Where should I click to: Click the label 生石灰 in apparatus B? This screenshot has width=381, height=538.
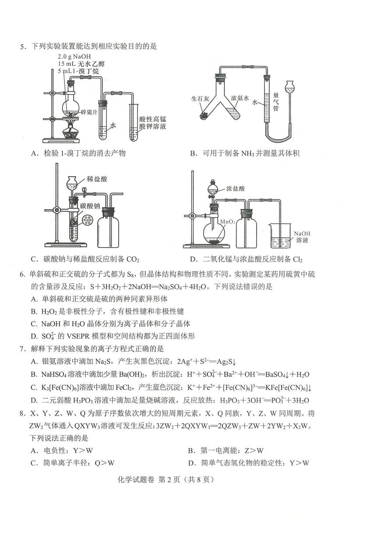tap(199, 99)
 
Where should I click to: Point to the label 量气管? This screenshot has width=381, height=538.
tap(276, 101)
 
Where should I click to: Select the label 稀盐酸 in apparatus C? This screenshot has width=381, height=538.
tap(97, 179)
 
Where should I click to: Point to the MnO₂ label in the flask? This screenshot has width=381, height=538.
tap(227, 222)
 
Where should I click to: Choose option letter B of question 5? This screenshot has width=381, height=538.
tap(193, 153)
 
